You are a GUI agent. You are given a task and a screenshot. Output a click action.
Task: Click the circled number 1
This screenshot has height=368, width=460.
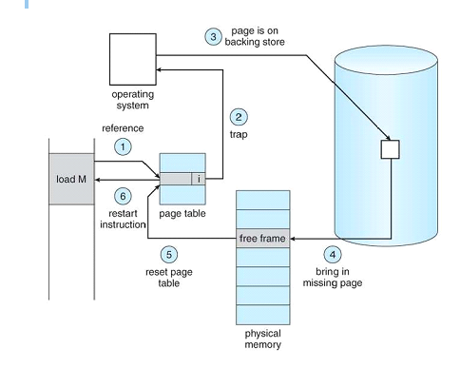tap(123, 146)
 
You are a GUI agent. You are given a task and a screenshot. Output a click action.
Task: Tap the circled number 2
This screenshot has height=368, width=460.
tap(239, 117)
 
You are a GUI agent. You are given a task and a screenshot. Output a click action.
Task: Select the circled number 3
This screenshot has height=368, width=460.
tap(213, 37)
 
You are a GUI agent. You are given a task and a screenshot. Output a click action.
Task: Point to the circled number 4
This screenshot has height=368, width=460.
tap(333, 255)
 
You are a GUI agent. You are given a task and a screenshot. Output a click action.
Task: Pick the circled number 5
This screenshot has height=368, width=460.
tap(169, 255)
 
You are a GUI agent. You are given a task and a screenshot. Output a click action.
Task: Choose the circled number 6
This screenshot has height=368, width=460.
tap(123, 196)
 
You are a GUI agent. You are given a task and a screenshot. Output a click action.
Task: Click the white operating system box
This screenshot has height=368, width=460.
tap(133, 59)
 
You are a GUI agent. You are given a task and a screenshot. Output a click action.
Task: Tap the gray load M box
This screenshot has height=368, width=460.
tap(71, 179)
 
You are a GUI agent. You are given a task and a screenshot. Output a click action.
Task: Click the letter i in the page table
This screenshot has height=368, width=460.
tap(199, 179)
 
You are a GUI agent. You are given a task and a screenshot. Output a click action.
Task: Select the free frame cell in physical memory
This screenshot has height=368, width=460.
tap(262, 238)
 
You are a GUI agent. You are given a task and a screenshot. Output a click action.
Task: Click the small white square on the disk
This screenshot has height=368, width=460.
tap(390, 149)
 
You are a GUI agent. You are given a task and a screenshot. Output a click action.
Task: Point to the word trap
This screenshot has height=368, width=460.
tap(239, 134)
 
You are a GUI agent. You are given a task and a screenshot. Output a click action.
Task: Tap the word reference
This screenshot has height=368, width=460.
tap(123, 128)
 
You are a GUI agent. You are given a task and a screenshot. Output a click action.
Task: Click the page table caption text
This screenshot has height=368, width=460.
tap(182, 214)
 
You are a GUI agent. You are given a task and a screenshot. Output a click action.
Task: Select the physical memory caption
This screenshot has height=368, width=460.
tap(263, 339)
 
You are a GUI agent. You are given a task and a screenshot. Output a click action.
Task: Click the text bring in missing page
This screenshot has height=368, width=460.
tap(333, 277)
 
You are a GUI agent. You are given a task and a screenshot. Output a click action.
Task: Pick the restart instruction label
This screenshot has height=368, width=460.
tap(123, 219)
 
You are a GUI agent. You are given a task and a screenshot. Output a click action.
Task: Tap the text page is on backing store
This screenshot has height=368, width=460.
tap(255, 36)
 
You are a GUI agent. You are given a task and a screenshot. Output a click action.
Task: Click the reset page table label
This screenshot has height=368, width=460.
tap(169, 278)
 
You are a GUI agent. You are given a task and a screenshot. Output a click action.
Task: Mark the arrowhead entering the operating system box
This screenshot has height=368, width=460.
tap(159, 69)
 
